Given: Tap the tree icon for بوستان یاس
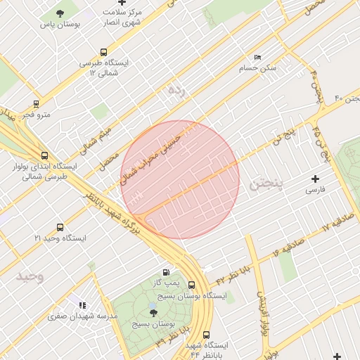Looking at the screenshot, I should click(x=60, y=13).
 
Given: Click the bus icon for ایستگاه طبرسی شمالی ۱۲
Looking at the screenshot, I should click(x=104, y=52).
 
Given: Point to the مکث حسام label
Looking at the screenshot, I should click(x=258, y=67).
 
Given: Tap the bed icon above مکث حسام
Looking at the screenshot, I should click(x=257, y=57).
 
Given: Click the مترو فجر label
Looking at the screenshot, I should click(x=37, y=114).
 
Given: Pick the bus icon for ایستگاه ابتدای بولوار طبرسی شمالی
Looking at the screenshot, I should click(x=45, y=155).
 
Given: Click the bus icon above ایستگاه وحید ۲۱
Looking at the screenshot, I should click(x=60, y=228).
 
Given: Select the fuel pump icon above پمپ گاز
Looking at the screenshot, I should click(x=166, y=272).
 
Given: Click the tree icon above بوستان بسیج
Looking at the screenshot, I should click(x=153, y=313).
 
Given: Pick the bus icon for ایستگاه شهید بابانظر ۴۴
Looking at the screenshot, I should click(x=206, y=335).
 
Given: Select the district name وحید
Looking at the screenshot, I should click(x=30, y=276).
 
